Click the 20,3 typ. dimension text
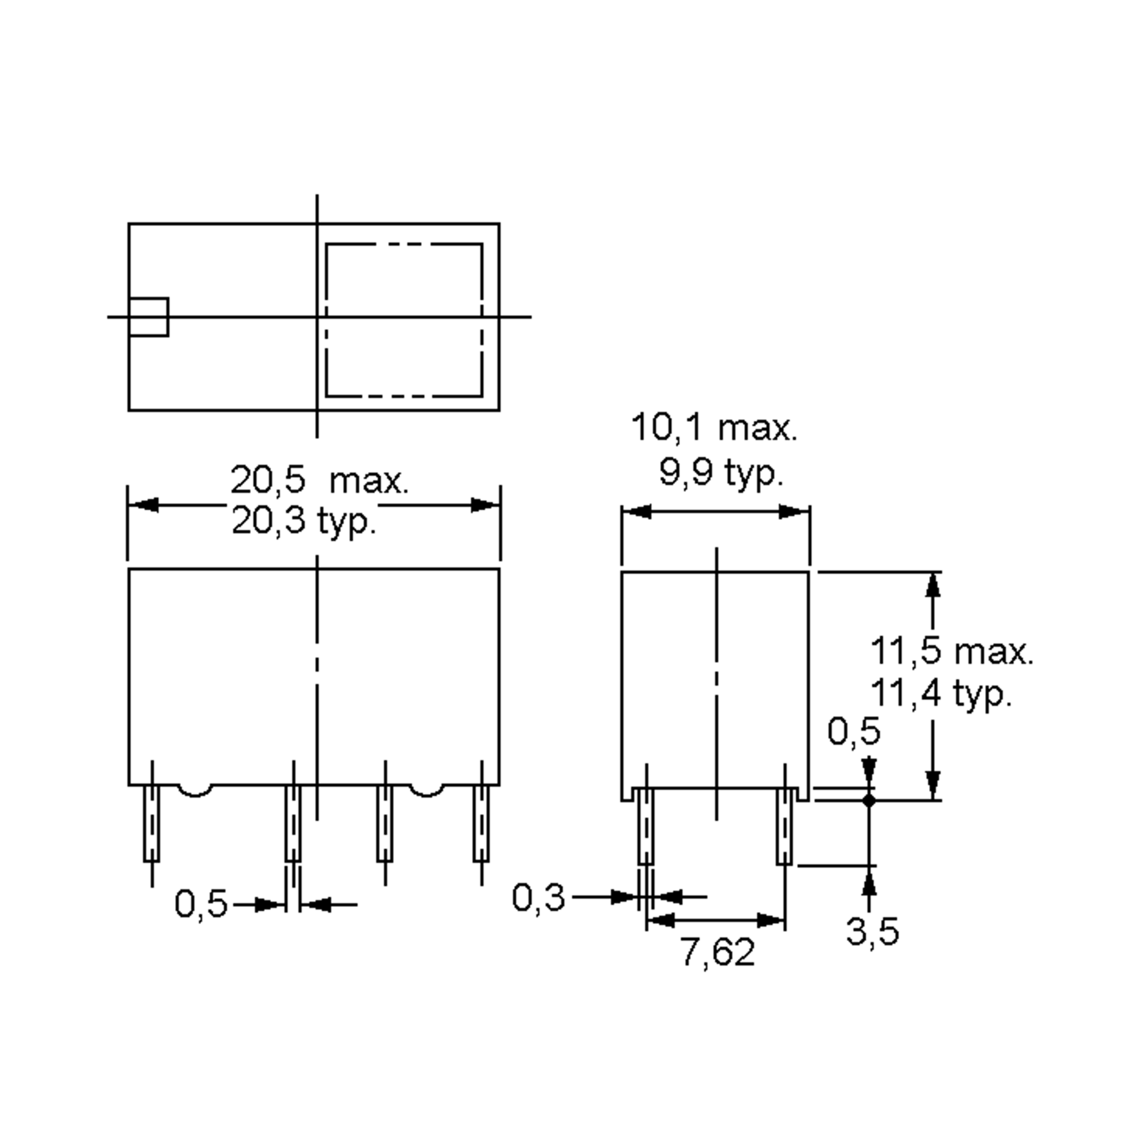(x=303, y=521)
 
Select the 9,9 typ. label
(x=720, y=472)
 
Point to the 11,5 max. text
(x=951, y=652)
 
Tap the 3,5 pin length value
(x=872, y=932)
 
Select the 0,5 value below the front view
(x=201, y=904)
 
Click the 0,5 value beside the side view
(x=853, y=732)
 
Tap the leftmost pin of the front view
(x=152, y=824)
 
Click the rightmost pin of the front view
(x=481, y=824)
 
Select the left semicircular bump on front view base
(x=195, y=791)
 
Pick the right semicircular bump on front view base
(x=426, y=791)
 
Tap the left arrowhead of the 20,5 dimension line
(x=143, y=505)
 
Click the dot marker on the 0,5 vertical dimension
(x=869, y=800)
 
